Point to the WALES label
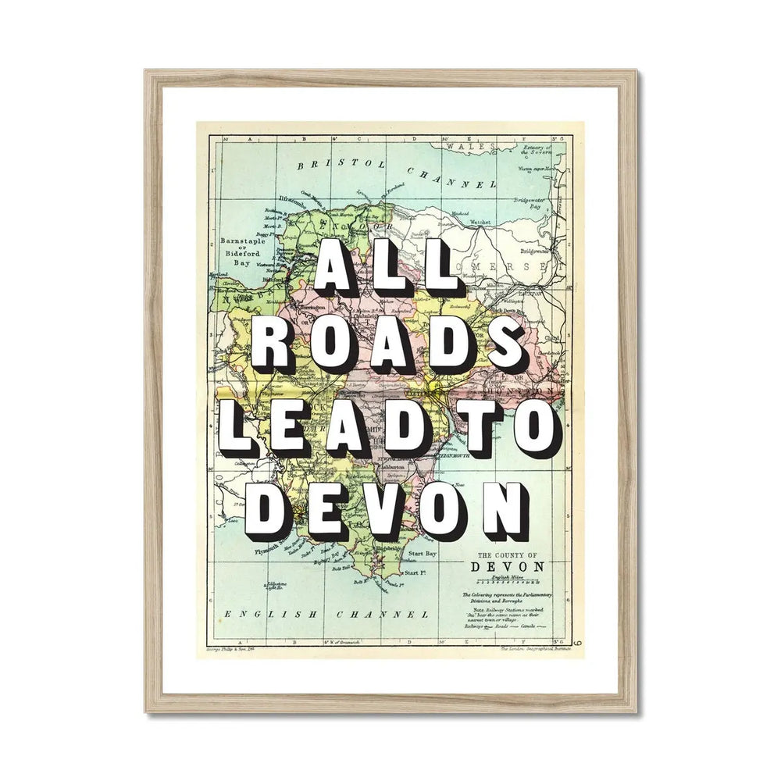pos(465,146)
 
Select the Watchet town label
pos(480,222)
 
